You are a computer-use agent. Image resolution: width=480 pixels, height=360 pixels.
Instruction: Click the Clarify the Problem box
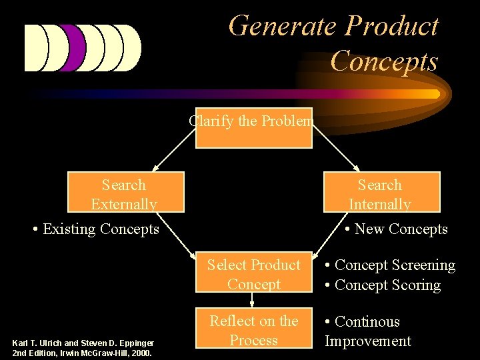pyautogui.click(x=253, y=127)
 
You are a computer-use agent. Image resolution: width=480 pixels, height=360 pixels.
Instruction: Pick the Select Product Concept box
pyautogui.click(x=253, y=274)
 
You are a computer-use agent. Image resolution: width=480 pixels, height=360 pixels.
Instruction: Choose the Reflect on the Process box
pyautogui.click(x=253, y=330)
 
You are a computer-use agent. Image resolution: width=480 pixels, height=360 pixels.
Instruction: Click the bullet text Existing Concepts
pyautogui.click(x=96, y=229)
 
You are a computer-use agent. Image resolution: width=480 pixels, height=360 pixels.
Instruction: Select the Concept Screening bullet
pyautogui.click(x=390, y=265)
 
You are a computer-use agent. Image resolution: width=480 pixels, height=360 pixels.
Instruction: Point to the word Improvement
pyautogui.click(x=367, y=341)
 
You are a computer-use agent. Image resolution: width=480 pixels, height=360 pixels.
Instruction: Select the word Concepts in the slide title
pyautogui.click(x=383, y=61)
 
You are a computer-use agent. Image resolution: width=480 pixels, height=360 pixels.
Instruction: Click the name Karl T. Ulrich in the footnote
pyautogui.click(x=37, y=343)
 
